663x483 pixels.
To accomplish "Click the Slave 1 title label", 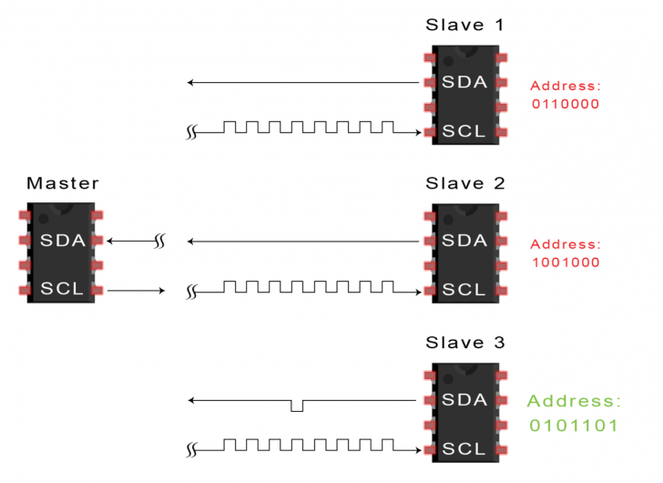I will coord(464,25).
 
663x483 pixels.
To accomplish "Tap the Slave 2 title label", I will coord(464,183).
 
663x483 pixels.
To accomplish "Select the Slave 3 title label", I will coord(464,343).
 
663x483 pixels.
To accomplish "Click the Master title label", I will coord(62,183).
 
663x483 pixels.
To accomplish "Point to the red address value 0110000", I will coord(565,104).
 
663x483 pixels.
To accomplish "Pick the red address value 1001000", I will coord(565,262).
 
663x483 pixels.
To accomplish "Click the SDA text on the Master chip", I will coord(62,241).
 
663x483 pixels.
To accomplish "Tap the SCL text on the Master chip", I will coord(62,290).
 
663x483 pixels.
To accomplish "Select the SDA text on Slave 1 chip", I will coord(464,83).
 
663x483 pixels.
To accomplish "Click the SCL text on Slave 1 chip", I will coord(464,131).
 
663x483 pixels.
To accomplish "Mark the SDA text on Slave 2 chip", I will coord(464,241).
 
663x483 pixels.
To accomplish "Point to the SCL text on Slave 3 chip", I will coord(464,449).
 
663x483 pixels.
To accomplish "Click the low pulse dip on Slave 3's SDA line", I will coord(297,406).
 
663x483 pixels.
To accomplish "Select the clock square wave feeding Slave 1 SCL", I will coord(310,128).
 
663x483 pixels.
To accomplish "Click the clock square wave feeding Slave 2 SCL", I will coord(310,287).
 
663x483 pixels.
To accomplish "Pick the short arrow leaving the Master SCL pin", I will coord(137,291).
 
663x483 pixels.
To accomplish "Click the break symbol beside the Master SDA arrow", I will coord(159,241).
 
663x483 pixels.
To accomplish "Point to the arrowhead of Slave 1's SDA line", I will coord(191,83).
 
